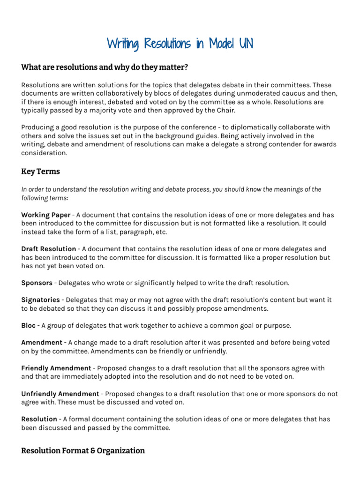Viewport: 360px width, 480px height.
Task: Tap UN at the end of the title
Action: click(x=246, y=44)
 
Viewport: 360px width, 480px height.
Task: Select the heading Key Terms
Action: click(x=40, y=172)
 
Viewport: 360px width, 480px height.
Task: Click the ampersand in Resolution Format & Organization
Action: click(x=91, y=450)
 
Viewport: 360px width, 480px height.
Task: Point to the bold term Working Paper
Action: click(x=45, y=215)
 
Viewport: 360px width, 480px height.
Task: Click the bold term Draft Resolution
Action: click(x=48, y=249)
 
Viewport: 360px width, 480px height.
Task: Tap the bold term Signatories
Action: click(x=40, y=300)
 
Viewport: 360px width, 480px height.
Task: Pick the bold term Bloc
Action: click(x=28, y=325)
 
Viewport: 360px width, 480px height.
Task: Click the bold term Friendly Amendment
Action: click(x=56, y=368)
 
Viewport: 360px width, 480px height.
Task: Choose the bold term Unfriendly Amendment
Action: click(x=60, y=394)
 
